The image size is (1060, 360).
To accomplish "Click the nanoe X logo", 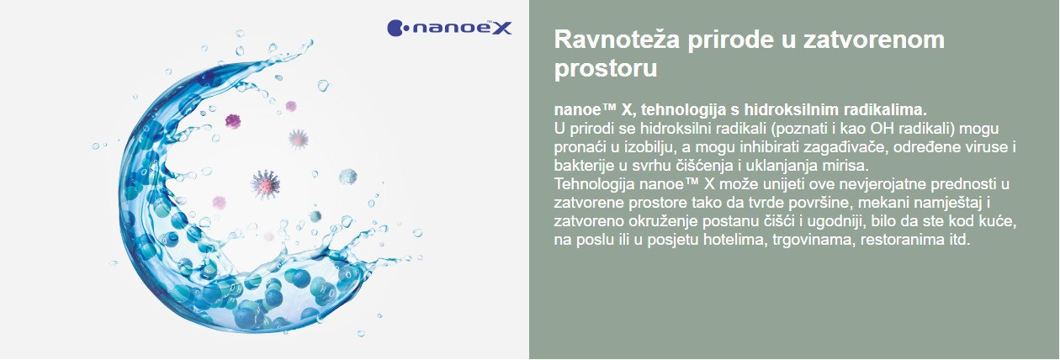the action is [x=449, y=28].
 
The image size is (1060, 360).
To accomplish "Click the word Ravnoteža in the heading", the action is [x=617, y=39].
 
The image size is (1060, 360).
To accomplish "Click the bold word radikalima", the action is [x=885, y=109].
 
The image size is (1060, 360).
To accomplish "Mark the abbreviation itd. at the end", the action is [x=959, y=240].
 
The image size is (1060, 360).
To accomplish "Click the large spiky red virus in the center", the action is [x=265, y=184].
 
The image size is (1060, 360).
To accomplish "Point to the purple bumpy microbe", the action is [x=232, y=122].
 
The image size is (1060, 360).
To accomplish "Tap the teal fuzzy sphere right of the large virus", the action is [x=347, y=177].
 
